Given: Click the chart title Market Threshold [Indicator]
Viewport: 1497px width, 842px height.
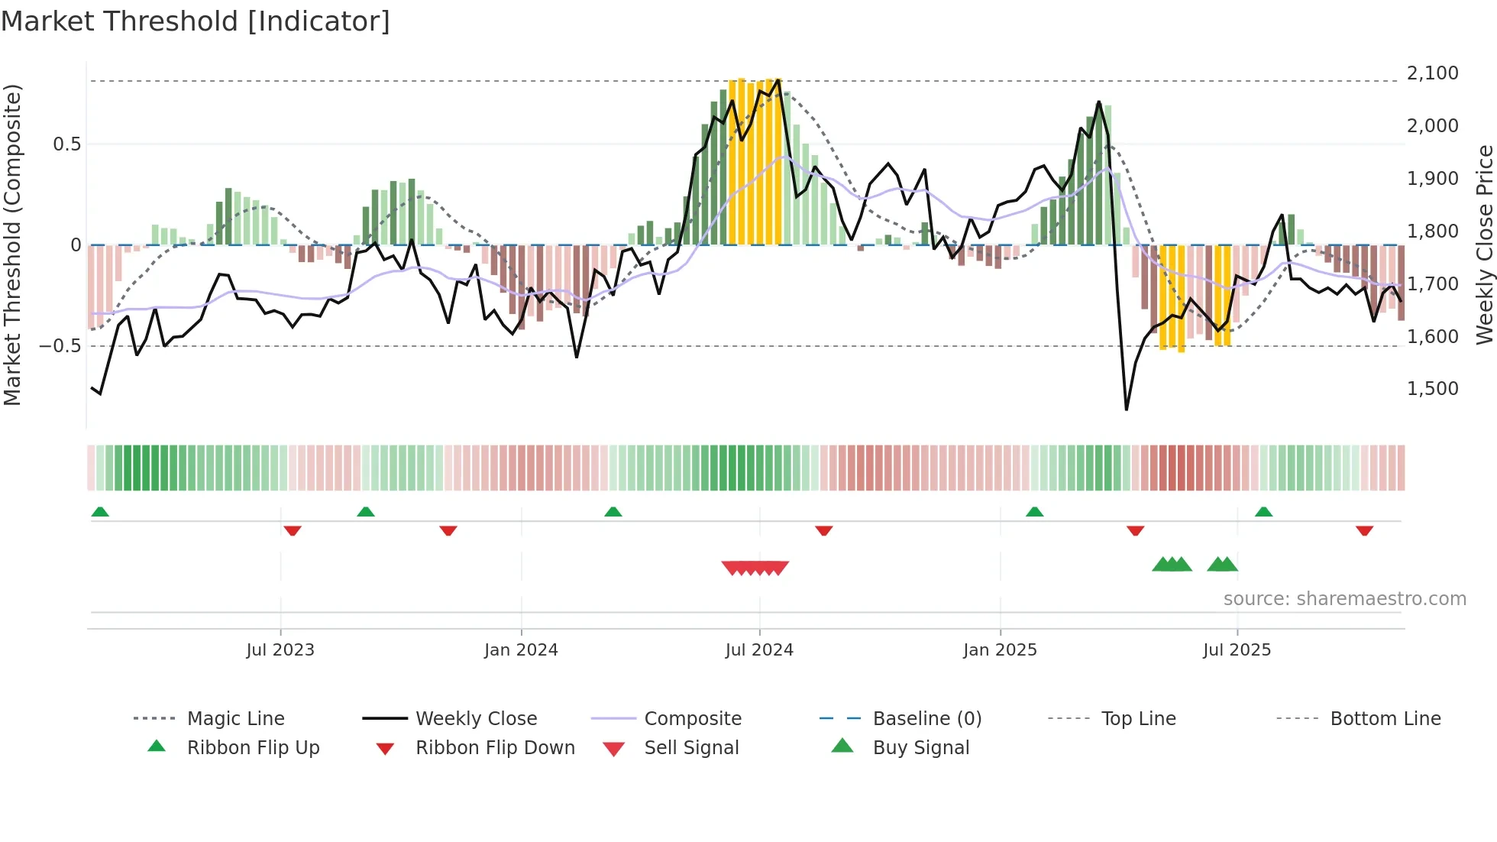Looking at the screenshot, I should tap(196, 21).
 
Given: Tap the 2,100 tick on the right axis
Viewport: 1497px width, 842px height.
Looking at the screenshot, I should tap(1432, 73).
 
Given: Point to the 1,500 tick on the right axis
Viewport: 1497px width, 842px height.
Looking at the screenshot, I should tap(1432, 389).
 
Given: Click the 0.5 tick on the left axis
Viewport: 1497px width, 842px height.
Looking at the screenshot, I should tap(66, 144).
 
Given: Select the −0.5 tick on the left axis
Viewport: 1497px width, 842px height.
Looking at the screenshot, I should tap(60, 346).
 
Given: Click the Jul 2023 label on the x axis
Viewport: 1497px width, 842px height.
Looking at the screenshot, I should tap(280, 650).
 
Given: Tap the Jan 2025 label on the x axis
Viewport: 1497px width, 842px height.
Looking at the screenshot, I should tap(1000, 650).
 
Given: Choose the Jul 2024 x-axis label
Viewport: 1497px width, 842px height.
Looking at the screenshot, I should tap(759, 650).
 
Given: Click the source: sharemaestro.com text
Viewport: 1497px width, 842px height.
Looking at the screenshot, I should tap(1344, 599).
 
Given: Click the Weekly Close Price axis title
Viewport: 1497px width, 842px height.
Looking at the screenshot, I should tap(1484, 245).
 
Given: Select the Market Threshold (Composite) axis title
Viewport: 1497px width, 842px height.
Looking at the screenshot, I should tap(12, 245).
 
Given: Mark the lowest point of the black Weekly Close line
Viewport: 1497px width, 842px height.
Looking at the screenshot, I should tap(1127, 410).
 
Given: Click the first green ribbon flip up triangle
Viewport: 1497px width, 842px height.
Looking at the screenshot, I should tap(100, 512).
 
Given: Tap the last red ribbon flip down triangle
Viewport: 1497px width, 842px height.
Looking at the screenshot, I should tap(1364, 530).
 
